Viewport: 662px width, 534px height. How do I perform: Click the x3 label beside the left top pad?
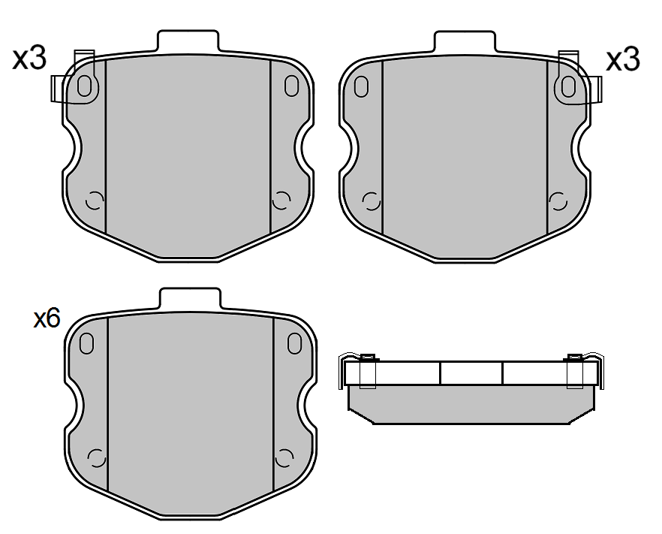29,59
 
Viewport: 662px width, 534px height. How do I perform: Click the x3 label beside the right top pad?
623,60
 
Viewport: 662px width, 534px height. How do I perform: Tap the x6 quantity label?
47,318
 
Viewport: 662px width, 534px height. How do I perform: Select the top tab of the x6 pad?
190,299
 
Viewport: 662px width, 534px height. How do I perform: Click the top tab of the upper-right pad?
465,41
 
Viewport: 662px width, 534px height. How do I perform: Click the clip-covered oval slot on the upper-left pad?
84,86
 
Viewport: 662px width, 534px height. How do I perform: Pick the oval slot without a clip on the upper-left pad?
291,86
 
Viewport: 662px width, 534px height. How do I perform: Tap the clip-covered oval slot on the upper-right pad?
568,86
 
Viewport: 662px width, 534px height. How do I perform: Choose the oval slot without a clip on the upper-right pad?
361,86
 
